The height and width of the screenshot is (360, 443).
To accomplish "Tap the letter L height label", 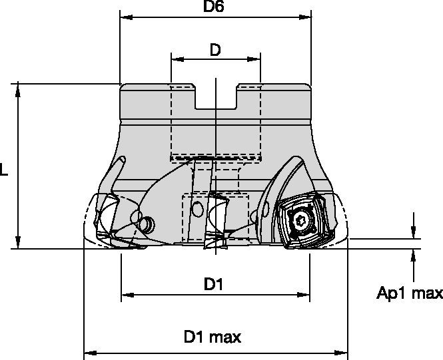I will click(x=5, y=171).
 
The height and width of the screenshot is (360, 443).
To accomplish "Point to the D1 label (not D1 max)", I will click(x=213, y=284).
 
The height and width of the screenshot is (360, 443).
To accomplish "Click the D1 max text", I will click(x=213, y=337).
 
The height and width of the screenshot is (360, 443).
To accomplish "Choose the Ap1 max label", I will click(x=410, y=293).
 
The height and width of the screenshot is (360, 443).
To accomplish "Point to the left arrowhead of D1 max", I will click(x=88, y=353).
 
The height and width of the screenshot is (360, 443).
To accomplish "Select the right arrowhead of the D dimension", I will click(x=257, y=59).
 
